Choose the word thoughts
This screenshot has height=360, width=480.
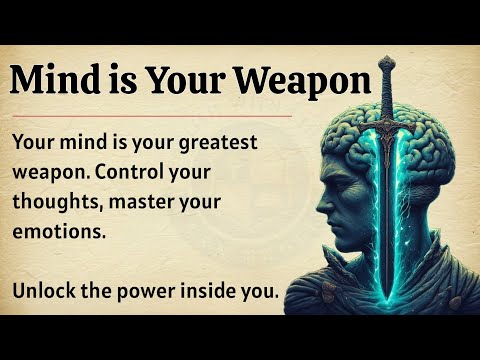(56, 202)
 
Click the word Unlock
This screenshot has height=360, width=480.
(46, 290)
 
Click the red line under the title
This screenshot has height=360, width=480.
(150, 115)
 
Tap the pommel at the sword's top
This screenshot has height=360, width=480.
(388, 63)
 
